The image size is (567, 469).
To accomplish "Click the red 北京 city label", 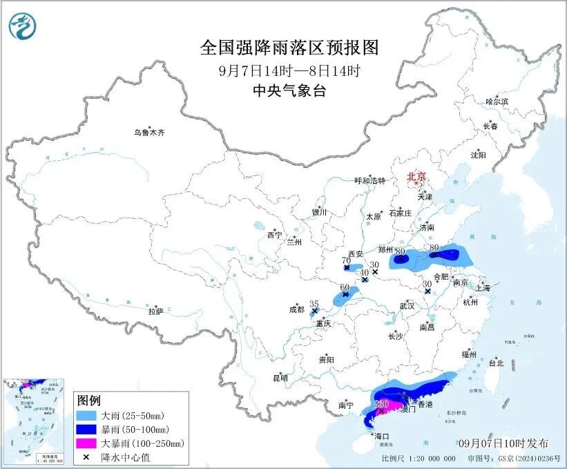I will tap(416, 177).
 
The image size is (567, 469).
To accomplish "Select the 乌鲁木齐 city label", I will tap(150, 132).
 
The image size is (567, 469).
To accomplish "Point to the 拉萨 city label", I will tap(155, 312).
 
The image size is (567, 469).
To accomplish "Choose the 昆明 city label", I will tap(280, 377).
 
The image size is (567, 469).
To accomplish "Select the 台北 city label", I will tap(496, 363).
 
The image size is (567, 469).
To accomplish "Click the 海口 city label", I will tap(381, 436).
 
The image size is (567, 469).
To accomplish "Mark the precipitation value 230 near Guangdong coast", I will tap(380, 404).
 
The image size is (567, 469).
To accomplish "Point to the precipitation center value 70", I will tap(346, 260).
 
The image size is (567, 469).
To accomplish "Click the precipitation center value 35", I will tap(314, 304).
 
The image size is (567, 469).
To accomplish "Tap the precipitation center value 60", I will tap(345, 287).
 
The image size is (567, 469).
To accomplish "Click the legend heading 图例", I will tap(88, 401).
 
